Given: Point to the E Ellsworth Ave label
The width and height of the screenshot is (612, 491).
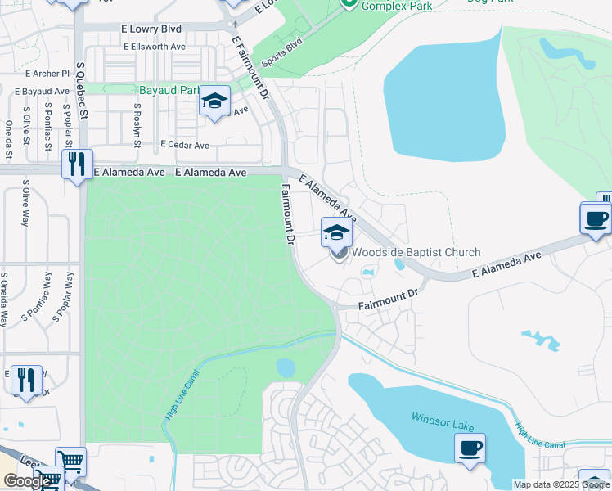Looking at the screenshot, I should [155, 47].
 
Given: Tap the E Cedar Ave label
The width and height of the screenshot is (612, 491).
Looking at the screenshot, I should [185, 145].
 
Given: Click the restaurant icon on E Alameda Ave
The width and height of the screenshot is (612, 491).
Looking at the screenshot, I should [77, 164].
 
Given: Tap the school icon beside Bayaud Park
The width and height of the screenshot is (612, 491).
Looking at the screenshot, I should [214, 101].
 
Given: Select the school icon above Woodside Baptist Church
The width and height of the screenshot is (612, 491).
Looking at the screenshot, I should [335, 232].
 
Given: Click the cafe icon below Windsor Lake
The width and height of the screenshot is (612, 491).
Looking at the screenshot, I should [470, 448].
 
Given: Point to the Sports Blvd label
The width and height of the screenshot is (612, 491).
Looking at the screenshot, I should [281, 52].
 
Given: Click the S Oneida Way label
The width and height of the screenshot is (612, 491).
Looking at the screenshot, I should [6, 300].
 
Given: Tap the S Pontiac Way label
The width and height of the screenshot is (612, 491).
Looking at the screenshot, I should [38, 295].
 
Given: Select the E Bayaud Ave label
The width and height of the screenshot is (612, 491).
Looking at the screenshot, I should [41, 91].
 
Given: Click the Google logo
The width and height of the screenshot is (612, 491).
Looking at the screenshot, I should [27, 481].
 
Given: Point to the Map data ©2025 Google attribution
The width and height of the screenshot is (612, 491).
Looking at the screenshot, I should [560, 484].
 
